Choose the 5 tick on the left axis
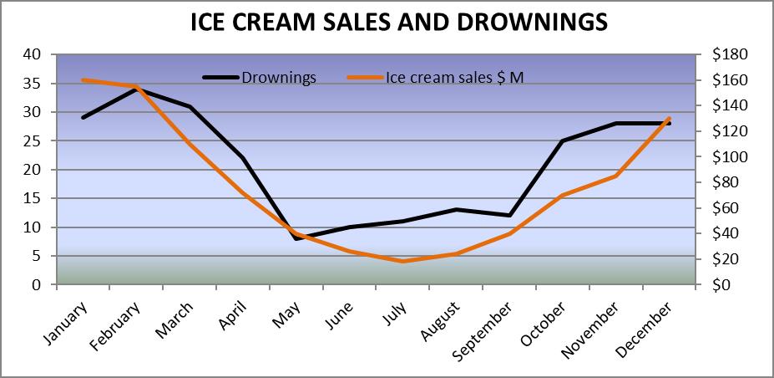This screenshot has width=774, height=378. [37, 256]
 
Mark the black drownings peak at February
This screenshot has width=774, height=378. [136, 89]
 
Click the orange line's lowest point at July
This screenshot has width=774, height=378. [402, 261]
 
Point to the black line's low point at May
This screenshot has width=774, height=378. [296, 238]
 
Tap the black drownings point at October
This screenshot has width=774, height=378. [563, 140]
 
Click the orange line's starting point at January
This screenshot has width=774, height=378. [82, 80]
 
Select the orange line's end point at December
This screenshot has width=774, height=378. [670, 118]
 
